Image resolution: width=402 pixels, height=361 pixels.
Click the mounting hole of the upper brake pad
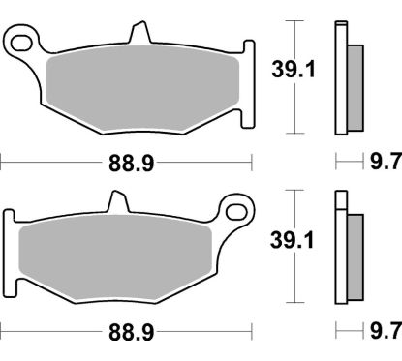point(21,41)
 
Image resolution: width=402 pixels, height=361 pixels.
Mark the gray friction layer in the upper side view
point(355,86)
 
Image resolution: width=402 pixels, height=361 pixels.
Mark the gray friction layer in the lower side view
point(355,256)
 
